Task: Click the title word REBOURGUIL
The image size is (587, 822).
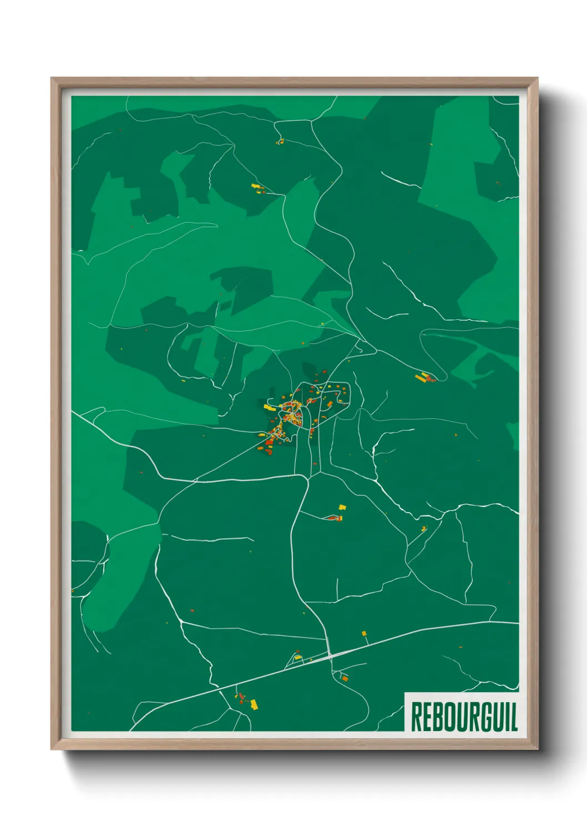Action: tap(464, 717)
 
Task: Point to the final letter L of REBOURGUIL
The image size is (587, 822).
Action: tap(514, 717)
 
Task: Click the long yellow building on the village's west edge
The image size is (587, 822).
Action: tap(270, 407)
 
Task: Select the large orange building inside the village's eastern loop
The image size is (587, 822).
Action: tap(330, 404)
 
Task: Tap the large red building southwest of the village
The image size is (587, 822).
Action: tap(269, 443)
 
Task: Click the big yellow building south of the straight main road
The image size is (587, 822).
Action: tap(255, 704)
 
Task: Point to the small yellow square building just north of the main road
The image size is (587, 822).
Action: tap(365, 633)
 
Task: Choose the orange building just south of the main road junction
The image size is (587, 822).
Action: tap(345, 678)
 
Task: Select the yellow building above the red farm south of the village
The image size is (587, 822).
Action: tap(342, 507)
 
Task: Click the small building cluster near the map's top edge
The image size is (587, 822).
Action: tap(280, 142)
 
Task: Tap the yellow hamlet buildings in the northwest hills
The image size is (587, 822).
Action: tap(257, 188)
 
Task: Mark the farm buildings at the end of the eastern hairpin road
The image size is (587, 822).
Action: tap(424, 378)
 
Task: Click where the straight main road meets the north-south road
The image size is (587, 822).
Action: tap(330, 655)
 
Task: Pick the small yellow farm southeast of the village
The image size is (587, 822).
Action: tap(424, 528)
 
